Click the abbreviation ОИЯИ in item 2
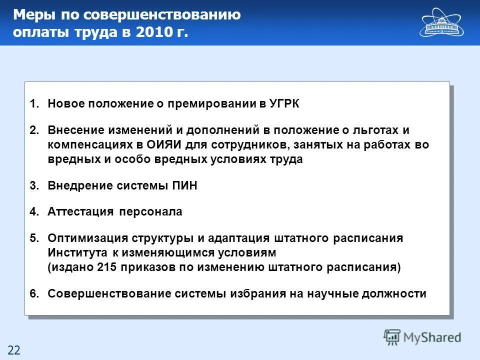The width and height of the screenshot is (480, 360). [180, 145]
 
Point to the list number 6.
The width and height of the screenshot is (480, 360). [33, 293]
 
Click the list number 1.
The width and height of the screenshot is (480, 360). [33, 104]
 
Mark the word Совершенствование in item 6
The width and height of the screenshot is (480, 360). [109, 293]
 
